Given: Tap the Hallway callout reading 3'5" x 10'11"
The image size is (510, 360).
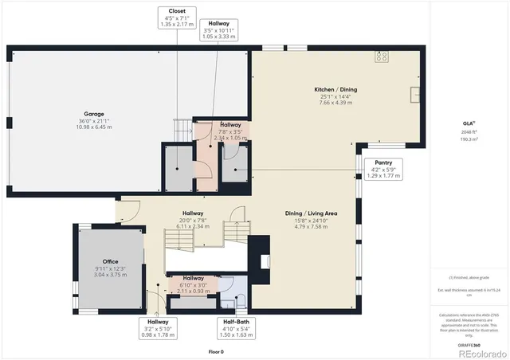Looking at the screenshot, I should [218, 31].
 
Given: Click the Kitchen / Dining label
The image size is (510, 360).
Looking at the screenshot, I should [335, 96].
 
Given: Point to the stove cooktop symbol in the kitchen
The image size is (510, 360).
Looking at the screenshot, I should [381, 56].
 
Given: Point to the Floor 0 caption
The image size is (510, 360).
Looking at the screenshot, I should [216, 351].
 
